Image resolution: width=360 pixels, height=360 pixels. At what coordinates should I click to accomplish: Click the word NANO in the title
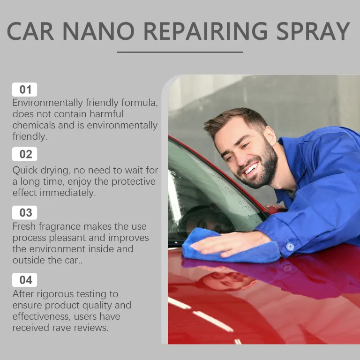(x=98, y=31)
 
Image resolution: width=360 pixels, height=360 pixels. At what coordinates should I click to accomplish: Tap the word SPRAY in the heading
(x=313, y=31)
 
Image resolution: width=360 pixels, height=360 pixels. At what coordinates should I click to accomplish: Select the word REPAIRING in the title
(x=205, y=31)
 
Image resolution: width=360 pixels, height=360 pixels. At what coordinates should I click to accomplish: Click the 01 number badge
(x=24, y=90)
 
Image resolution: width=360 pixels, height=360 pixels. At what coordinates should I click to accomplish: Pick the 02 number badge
(x=24, y=154)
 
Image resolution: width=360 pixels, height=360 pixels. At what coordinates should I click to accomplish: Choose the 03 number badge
(x=24, y=213)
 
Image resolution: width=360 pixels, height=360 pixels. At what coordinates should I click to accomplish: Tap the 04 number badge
(x=24, y=280)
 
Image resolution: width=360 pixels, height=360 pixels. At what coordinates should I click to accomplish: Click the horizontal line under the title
(x=180, y=52)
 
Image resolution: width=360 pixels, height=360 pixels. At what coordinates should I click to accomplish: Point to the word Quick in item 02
(x=25, y=171)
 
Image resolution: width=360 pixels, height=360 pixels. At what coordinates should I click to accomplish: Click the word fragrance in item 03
(x=60, y=227)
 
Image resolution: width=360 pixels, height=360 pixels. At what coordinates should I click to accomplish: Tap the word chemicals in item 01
(x=34, y=125)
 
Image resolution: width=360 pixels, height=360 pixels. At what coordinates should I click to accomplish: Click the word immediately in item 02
(x=67, y=193)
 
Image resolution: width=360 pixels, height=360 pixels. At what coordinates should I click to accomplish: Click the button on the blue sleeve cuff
(x=290, y=247)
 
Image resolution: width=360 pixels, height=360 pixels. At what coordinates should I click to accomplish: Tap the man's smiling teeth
(x=251, y=169)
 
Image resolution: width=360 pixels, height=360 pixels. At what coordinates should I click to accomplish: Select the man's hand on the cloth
(x=230, y=244)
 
